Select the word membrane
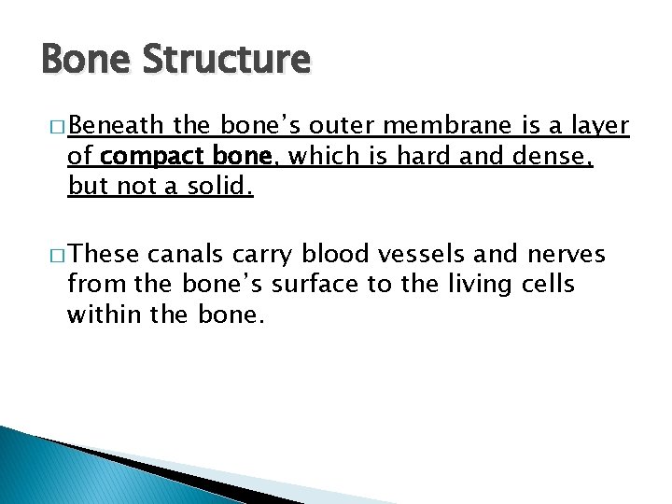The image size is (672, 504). coord(455,127)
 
